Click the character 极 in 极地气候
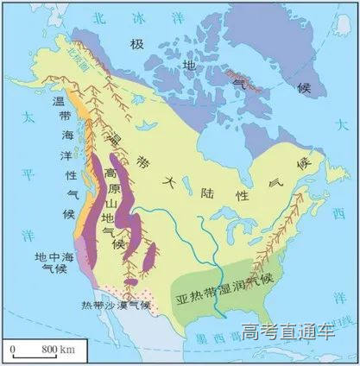(136, 44)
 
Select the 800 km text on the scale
(57, 347)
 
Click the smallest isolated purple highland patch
(152, 255)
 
